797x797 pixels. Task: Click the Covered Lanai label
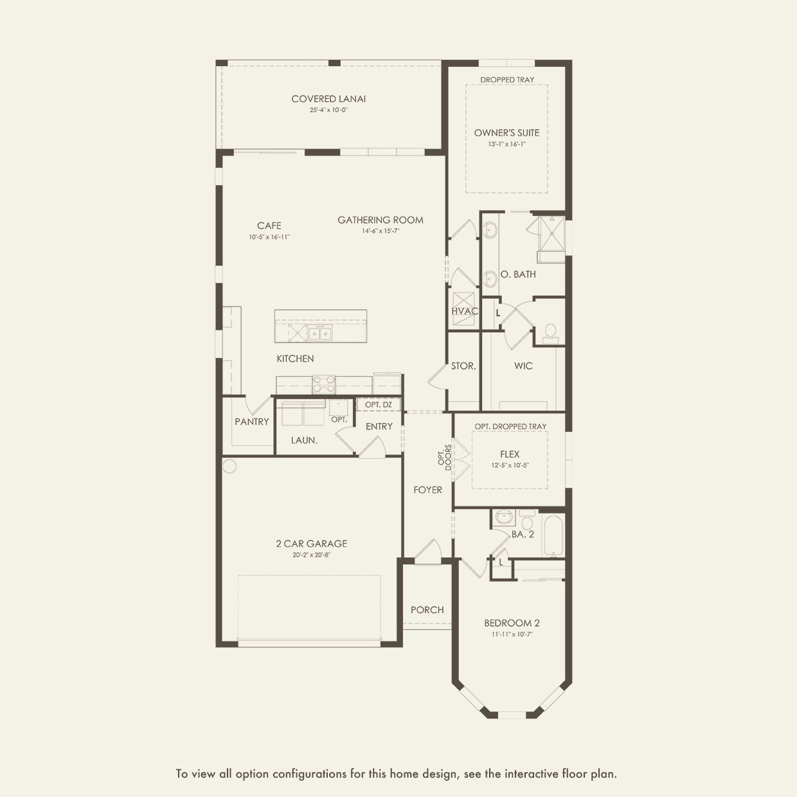328,99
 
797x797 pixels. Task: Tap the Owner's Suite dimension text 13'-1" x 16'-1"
506,145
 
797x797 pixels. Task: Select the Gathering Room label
381,220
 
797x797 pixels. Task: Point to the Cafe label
269,226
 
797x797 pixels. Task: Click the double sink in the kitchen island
319,332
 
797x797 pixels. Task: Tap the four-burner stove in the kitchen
324,384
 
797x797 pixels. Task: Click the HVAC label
465,311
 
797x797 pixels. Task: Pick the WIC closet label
523,366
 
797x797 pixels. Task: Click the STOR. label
463,366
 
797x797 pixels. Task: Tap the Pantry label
252,422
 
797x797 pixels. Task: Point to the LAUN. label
304,440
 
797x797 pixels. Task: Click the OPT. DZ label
379,404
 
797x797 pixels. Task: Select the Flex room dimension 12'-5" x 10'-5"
510,465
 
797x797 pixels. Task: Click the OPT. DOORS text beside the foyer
445,458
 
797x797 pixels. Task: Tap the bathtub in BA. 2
553,535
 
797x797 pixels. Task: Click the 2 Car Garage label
312,544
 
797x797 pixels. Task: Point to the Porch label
427,610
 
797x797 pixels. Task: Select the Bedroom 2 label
512,623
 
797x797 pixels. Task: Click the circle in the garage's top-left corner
229,466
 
